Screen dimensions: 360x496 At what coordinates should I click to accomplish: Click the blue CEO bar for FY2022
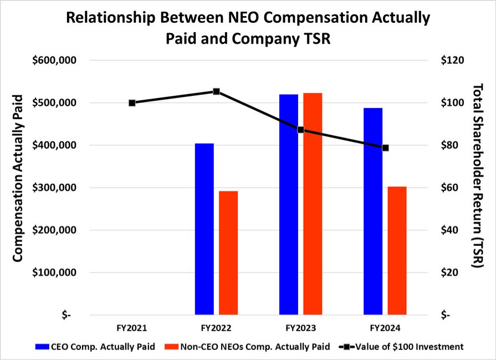pyautogui.click(x=204, y=229)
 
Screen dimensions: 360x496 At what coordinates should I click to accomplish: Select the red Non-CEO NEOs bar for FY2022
pyautogui.click(x=228, y=253)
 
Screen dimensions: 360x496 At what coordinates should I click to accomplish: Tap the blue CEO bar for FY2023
pyautogui.click(x=288, y=204)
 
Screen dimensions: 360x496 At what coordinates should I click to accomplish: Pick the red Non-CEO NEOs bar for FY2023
pyautogui.click(x=313, y=204)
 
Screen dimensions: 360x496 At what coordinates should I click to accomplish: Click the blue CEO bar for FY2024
pyautogui.click(x=373, y=211)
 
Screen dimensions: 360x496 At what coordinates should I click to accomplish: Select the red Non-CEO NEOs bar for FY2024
pyautogui.click(x=397, y=250)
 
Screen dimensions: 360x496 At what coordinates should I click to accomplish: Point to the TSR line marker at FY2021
pyautogui.click(x=132, y=102)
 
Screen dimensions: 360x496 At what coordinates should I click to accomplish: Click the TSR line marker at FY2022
pyautogui.click(x=217, y=91)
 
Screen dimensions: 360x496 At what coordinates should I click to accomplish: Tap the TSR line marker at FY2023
pyautogui.click(x=300, y=130)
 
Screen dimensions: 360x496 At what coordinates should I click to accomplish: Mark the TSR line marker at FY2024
pyautogui.click(x=385, y=148)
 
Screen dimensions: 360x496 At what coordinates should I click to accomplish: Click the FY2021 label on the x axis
pyautogui.click(x=132, y=327)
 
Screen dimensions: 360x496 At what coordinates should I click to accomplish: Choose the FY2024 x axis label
pyautogui.click(x=385, y=327)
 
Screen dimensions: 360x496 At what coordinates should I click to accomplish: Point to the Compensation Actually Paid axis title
pyautogui.click(x=17, y=178)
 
